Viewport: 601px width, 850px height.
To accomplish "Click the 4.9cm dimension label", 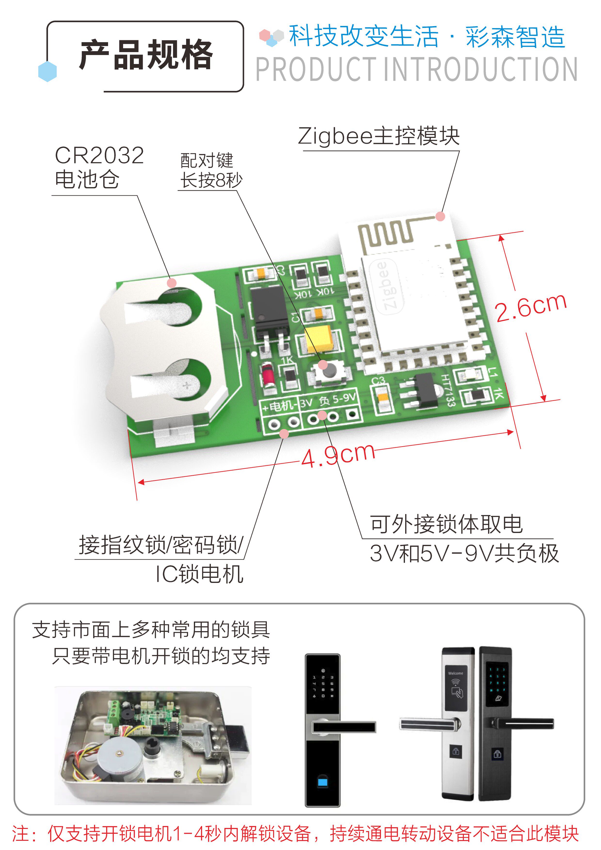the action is (338, 455).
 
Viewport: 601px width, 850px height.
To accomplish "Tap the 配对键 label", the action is (206, 160).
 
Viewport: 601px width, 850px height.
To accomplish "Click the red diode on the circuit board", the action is (268, 375).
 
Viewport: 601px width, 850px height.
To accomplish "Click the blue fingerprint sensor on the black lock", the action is (322, 782).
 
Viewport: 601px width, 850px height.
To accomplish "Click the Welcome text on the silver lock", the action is (455, 673).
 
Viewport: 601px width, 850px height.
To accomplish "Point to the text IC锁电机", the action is (199, 574).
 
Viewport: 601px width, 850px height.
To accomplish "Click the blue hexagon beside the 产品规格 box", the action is (47, 71).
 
